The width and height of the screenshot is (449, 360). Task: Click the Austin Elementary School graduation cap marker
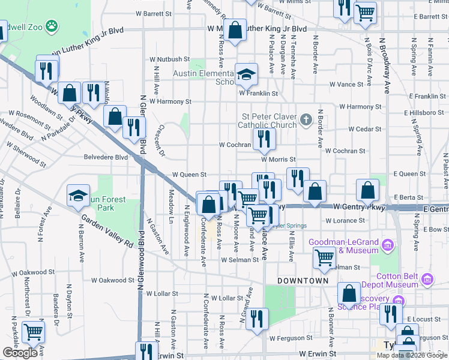click(246, 75)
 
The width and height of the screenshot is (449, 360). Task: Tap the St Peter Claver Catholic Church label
click(269, 121)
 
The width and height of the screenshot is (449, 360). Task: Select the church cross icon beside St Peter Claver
click(306, 119)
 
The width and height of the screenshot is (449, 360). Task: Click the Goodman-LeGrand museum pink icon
click(388, 245)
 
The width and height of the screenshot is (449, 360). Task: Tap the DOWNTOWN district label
click(303, 281)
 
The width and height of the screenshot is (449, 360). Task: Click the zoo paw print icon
click(52, 26)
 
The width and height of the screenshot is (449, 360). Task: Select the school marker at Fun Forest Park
click(78, 196)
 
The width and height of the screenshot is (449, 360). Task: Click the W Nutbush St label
click(170, 59)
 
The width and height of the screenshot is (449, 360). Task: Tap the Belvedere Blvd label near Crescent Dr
click(105, 157)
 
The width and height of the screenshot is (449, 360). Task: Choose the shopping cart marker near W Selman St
click(324, 259)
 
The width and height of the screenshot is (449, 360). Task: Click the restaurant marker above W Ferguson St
click(257, 319)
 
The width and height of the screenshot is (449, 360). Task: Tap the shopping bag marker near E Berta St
click(367, 191)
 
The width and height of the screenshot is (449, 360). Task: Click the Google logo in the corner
click(19, 353)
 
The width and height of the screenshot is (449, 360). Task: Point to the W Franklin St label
click(258, 94)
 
